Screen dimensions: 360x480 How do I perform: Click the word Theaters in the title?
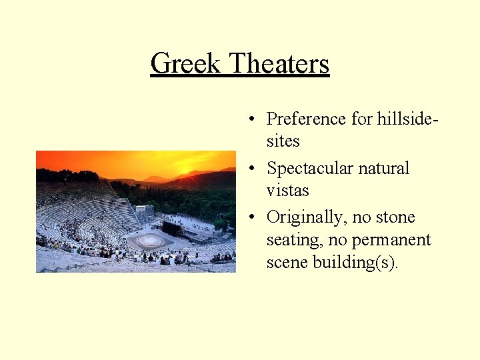(279, 64)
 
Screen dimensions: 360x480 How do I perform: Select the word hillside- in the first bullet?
(407, 119)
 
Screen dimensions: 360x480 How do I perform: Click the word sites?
(283, 141)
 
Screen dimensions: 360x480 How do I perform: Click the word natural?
(385, 168)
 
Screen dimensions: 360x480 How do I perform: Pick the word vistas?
(287, 191)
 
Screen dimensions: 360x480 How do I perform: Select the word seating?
(294, 241)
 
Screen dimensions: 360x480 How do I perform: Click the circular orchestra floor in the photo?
(149, 240)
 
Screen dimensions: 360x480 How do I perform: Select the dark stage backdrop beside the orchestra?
(173, 229)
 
